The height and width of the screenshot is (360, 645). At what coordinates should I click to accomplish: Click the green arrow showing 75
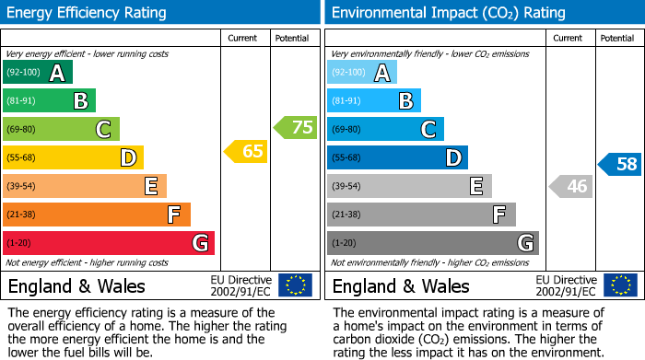(x=296, y=128)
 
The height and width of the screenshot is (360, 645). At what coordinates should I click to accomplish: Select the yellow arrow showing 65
(x=247, y=151)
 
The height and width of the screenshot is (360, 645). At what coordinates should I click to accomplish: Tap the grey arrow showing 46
(x=571, y=187)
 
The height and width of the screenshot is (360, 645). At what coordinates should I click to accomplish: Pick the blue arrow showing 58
(x=620, y=165)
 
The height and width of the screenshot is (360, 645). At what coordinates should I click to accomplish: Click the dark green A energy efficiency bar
(x=38, y=73)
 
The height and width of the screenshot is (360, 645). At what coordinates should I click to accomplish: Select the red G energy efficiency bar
(x=109, y=243)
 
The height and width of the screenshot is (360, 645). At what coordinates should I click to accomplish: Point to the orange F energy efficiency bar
(x=97, y=215)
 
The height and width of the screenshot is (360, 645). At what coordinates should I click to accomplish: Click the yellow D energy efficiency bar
(x=73, y=157)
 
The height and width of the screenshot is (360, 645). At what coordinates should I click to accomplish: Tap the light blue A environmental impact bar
(x=362, y=73)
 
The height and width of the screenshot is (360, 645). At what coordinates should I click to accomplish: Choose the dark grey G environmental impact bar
(x=432, y=243)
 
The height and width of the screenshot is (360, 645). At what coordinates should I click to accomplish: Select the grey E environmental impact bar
(x=408, y=186)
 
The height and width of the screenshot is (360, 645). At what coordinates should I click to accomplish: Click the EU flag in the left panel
(x=295, y=285)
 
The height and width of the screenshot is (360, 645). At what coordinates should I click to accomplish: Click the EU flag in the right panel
(x=619, y=285)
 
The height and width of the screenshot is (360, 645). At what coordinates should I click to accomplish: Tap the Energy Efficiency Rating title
(x=88, y=13)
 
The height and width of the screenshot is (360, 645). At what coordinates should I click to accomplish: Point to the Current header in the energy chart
(x=243, y=38)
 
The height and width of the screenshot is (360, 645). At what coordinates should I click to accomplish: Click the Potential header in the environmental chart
(x=616, y=38)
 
